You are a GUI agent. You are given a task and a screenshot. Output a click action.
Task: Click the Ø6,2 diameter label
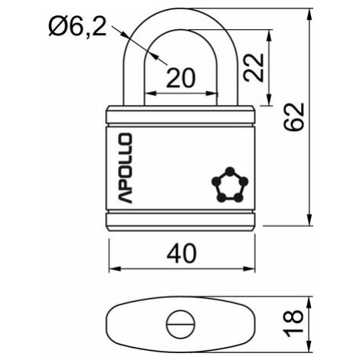coord(77,27)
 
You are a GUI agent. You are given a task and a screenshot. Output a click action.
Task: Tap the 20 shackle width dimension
coord(181,77)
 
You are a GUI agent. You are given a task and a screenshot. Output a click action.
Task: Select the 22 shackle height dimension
coord(254,67)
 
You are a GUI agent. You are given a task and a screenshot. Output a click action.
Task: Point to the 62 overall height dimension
coord(295,117)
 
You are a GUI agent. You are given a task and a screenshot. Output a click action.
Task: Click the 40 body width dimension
coord(182,254)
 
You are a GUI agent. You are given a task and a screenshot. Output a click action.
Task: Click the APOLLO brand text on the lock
coord(126,169)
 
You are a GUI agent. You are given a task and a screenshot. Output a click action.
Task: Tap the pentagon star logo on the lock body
coord(230,185)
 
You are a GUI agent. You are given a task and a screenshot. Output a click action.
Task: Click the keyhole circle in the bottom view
coord(181,324)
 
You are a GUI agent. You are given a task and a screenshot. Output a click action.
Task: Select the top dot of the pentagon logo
coord(230,171)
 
